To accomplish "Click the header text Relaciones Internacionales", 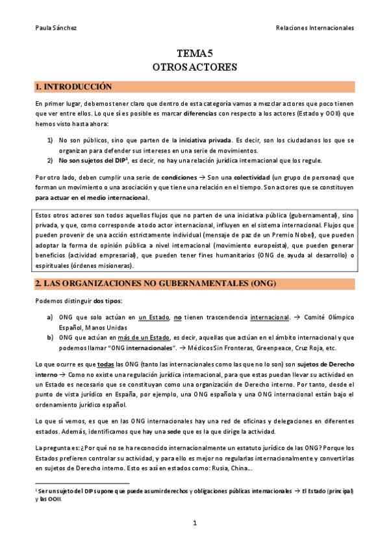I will click(x=315, y=28).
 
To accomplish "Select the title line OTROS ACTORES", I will click(x=195, y=66).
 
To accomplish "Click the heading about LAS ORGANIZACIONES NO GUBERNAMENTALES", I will click(x=156, y=283).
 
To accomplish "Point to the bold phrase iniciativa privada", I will click(x=205, y=139).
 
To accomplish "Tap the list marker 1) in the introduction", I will click(x=50, y=139).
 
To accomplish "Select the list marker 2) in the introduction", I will click(x=50, y=160).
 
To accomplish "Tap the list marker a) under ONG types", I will click(x=50, y=317).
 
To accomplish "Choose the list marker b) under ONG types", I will click(x=50, y=337).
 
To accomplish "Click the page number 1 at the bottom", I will click(x=194, y=523).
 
